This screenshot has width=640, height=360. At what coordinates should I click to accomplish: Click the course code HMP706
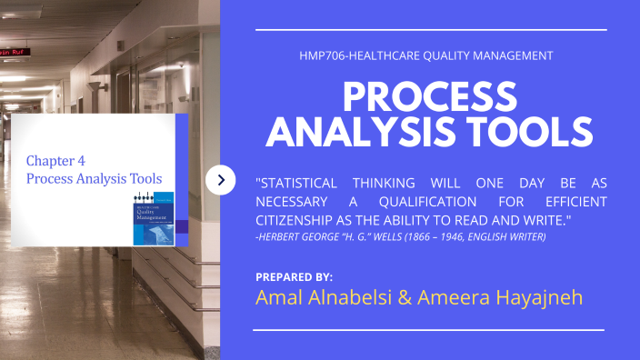click(321, 55)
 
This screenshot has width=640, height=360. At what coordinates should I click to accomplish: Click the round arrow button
click(221, 180)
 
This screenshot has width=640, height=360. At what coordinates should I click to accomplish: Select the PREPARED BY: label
click(295, 276)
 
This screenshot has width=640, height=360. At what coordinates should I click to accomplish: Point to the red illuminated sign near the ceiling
click(12, 53)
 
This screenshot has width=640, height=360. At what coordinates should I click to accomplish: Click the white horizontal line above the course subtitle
click(430, 30)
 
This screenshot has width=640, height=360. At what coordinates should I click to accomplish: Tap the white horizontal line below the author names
click(430, 330)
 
